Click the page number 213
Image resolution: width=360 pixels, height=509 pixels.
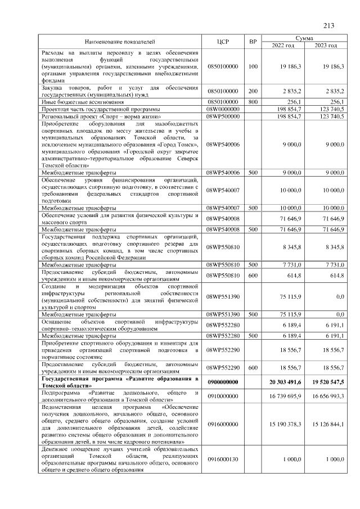pos(328,25)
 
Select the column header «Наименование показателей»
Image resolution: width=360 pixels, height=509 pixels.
pos(119,42)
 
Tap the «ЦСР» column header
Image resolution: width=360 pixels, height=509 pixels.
pos(223,42)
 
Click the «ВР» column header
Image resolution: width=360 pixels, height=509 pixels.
pos(253,42)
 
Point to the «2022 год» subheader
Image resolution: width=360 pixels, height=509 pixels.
pos(283,45)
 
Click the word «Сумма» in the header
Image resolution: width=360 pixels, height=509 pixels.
pos(304,38)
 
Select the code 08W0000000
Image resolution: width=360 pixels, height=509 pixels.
pos(223,109)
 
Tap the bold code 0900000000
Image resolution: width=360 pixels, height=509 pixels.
pos(223,381)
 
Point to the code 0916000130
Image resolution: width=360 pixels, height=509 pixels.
pos(223,460)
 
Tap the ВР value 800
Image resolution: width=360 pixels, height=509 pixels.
pos(253,102)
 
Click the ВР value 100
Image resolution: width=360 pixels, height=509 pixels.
pos(253,66)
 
